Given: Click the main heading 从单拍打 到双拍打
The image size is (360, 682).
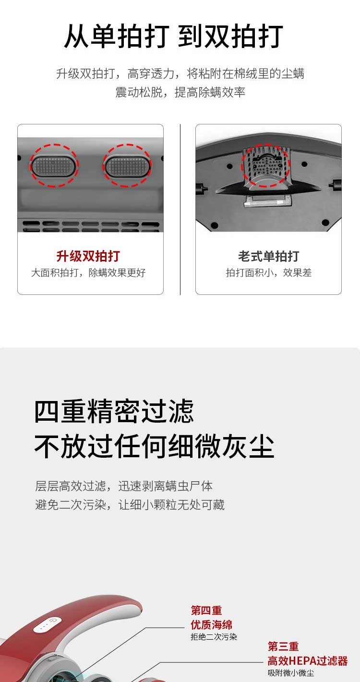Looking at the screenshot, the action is point(174,36).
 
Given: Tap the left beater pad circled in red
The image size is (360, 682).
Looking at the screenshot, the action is point(54,166).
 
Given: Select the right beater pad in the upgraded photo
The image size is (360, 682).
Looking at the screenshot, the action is point(127,166).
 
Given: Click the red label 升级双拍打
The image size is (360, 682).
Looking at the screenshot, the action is point(88,256).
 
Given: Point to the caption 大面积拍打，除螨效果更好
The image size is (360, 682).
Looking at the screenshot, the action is point(88,272).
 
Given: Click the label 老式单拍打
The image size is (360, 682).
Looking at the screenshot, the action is point(268,256).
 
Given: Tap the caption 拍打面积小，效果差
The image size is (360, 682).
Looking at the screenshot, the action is point(268,272).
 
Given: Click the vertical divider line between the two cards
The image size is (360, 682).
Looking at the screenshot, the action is point(180,209).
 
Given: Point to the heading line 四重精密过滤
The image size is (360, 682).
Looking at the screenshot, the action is point(114,411).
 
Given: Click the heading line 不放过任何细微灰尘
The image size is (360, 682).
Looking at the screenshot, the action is point(154,446).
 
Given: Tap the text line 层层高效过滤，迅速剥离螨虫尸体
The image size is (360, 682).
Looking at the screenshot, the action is point(124,486).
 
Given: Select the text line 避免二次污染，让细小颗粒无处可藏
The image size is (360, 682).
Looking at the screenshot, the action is point(130,505).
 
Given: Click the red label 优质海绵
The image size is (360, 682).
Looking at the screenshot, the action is point(212,625).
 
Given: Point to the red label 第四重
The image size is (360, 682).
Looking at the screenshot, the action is point(206,610).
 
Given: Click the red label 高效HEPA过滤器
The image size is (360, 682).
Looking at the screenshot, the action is point(308,661).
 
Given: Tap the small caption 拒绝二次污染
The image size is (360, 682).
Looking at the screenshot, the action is point(214,637).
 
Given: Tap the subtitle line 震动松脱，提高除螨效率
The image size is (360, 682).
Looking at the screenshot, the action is point(180,92).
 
